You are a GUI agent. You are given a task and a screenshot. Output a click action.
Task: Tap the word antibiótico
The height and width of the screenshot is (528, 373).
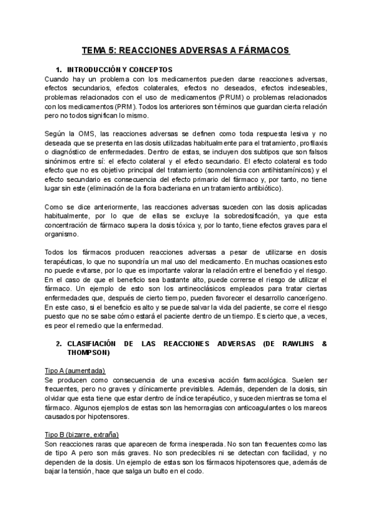point(262,188)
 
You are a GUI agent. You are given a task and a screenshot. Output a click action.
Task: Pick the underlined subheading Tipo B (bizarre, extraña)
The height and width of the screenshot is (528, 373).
point(82,435)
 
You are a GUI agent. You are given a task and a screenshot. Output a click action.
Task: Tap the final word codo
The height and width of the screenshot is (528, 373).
point(195,471)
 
